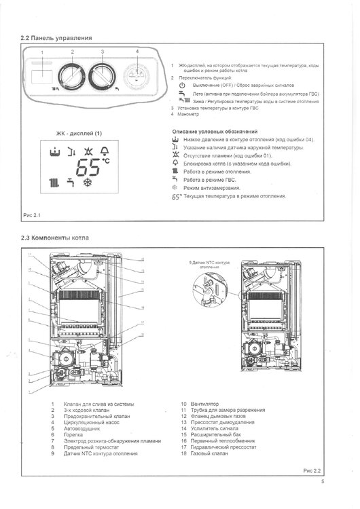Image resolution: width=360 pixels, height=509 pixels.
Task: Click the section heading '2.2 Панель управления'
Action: pos(56,38)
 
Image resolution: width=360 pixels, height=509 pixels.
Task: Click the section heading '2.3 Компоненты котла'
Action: pos(55,238)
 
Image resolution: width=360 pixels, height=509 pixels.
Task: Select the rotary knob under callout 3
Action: pos(103,73)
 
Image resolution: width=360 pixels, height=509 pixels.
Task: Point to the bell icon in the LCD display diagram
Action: pos(104,150)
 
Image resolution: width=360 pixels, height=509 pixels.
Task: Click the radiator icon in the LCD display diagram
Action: pos(54,183)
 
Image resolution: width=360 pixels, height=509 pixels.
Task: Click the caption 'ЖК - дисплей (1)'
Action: pos(79,133)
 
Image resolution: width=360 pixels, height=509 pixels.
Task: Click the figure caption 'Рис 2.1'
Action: pos(33,215)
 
